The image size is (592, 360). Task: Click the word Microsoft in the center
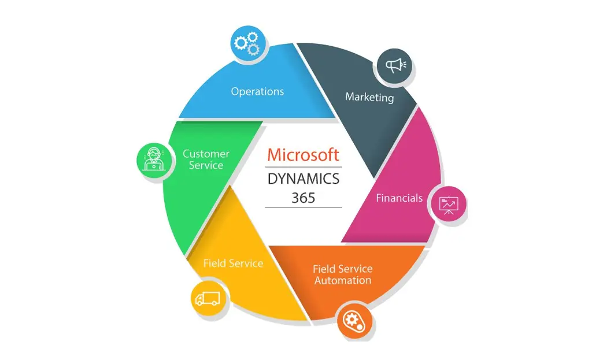[x=303, y=155]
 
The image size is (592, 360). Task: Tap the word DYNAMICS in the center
[x=303, y=179]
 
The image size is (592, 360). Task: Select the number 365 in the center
[x=303, y=198]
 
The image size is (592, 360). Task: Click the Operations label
[x=257, y=91]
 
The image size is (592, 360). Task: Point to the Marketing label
[x=369, y=97]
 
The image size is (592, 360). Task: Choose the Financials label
[x=399, y=198]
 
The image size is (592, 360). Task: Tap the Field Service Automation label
[x=342, y=274]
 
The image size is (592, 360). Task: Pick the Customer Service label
[x=206, y=159]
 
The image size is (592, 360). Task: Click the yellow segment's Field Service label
[x=233, y=263]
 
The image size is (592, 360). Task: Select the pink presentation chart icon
[x=448, y=203]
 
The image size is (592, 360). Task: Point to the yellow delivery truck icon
[x=207, y=298]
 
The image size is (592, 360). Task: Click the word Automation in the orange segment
[x=342, y=281]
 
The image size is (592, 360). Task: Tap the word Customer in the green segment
[x=206, y=154]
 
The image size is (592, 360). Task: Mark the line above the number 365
[x=303, y=167]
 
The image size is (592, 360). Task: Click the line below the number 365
[x=303, y=207]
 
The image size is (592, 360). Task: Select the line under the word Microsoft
[x=303, y=167]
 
